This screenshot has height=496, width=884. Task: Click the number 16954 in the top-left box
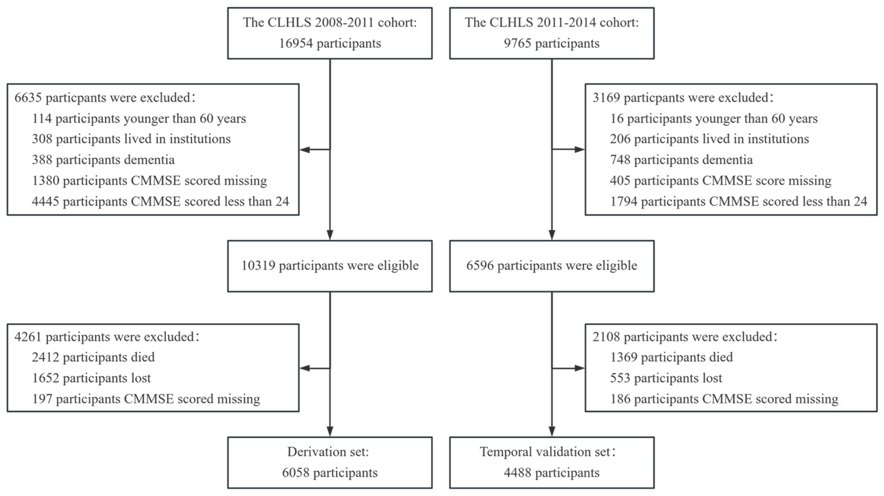point(295,43)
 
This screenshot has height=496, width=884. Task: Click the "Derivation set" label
point(328,452)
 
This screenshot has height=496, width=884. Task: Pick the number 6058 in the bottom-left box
point(295,473)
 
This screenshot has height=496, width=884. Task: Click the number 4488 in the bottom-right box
point(517,473)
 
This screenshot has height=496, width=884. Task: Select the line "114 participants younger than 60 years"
point(139,119)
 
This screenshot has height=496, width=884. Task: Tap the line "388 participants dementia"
point(103,160)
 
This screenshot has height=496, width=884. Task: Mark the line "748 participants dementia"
point(681,160)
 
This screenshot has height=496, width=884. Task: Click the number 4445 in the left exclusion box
point(45,201)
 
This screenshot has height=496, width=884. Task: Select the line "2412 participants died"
point(93,357)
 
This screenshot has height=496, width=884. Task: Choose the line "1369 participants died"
point(671,357)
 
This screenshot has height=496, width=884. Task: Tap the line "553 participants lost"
point(666,378)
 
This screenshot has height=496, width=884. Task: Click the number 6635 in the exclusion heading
point(28,98)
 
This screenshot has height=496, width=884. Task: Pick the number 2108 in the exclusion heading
point(606,337)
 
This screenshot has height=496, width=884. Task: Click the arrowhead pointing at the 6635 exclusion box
point(304,150)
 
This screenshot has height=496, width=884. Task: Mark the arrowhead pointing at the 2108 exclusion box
point(580,368)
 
